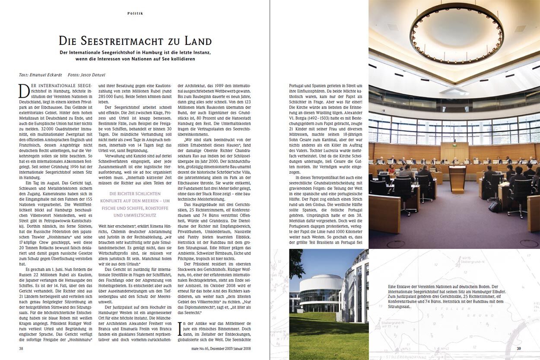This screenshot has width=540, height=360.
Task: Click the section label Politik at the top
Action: click(x=135, y=13)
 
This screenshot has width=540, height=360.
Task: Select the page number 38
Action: click(x=21, y=348)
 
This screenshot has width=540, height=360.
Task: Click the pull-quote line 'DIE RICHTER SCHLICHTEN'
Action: click(x=135, y=194)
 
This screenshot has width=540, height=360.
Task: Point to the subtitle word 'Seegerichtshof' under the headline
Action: click(x=124, y=52)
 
